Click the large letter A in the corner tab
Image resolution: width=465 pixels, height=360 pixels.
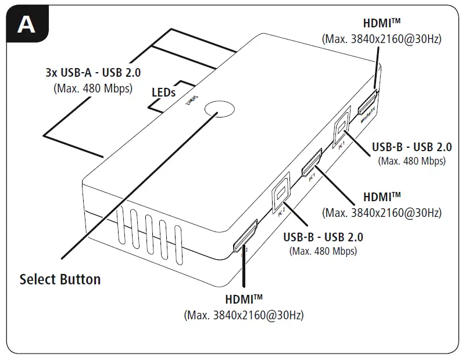[27, 25]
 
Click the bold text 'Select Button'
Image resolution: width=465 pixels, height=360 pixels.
[60, 279]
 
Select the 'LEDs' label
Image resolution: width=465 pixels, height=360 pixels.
[164, 92]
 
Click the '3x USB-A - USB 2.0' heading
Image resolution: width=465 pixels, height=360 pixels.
[93, 74]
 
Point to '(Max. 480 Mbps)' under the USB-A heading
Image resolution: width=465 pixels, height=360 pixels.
[93, 89]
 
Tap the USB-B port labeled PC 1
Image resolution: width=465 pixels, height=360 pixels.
[342, 127]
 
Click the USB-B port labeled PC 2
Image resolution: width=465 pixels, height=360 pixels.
[282, 191]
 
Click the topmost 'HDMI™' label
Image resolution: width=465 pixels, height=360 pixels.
[382, 24]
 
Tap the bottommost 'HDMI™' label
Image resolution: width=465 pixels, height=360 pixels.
[244, 300]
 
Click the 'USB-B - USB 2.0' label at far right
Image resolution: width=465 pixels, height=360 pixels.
[412, 147]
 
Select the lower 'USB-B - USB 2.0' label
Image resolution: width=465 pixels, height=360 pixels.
[323, 237]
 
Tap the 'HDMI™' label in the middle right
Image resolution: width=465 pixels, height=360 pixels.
[382, 198]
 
